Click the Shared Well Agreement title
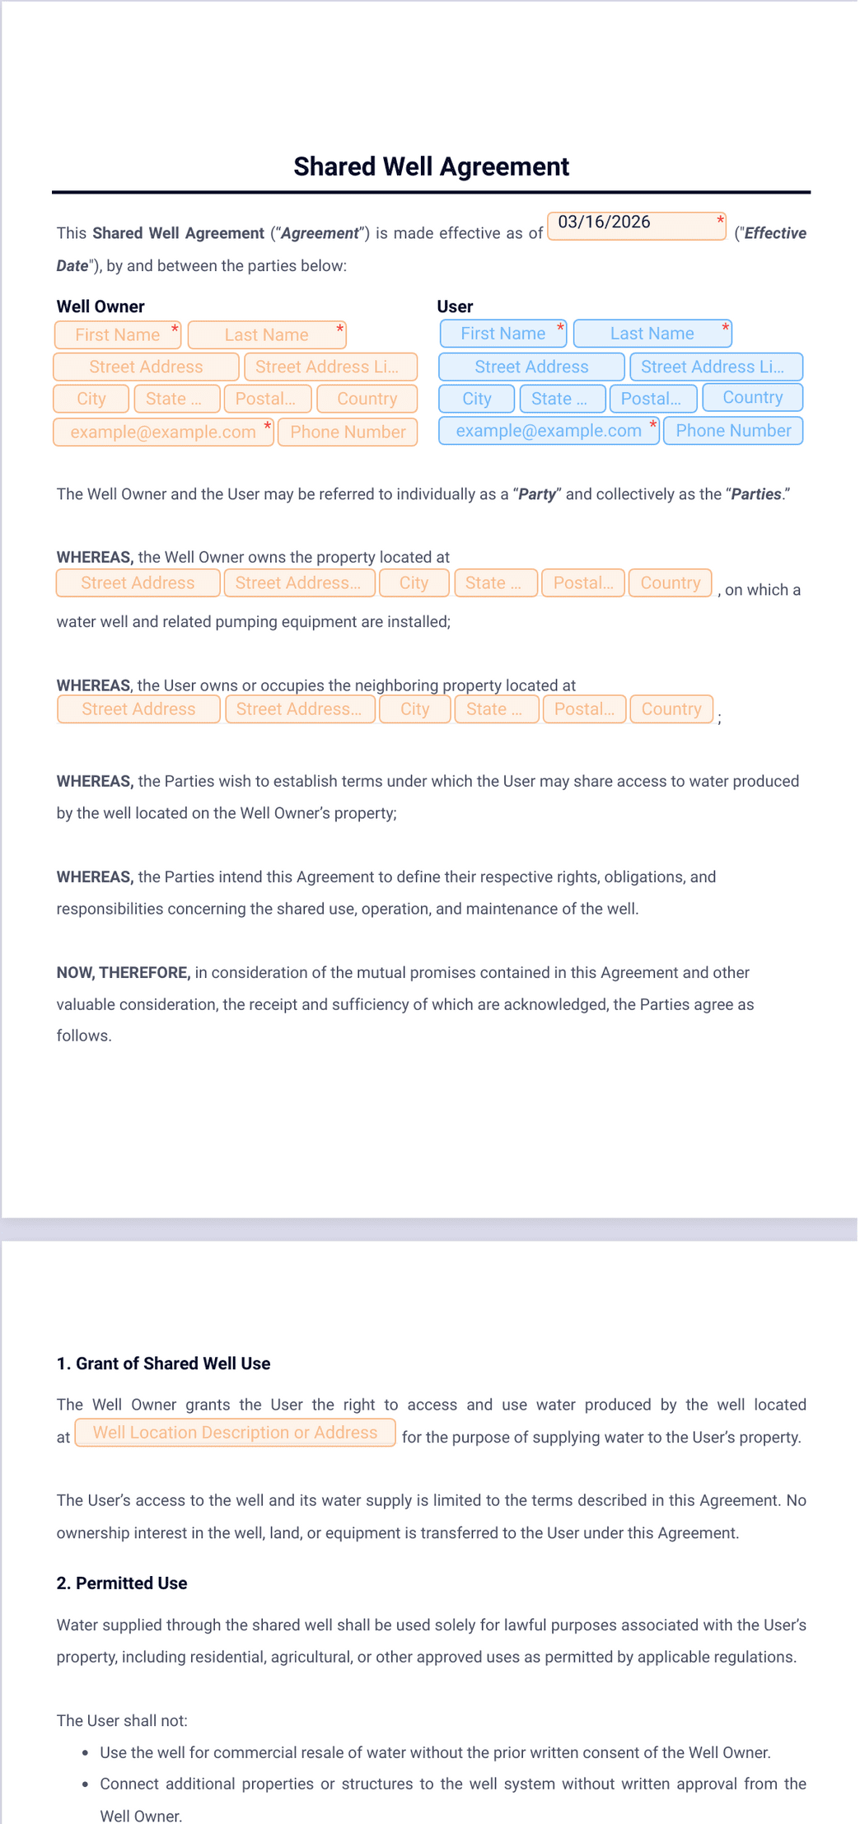pos(431,166)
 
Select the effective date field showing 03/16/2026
pos(636,225)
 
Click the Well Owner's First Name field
pos(118,334)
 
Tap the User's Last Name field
pos(652,334)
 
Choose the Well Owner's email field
pos(163,432)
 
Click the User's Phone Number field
pos(732,431)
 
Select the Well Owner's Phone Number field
pos(348,432)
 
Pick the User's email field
pos(549,431)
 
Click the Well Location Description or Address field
pos(235,1433)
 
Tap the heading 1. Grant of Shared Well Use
pos(163,1363)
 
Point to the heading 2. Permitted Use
pos(122,1583)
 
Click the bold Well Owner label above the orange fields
pos(100,306)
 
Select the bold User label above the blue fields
pos(455,306)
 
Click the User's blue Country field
pos(752,398)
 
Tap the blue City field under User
pos(476,399)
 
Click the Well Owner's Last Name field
pos(266,334)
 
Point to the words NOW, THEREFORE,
pos(124,973)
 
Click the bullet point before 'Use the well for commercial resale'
pos(86,1753)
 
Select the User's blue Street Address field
pos(531,367)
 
